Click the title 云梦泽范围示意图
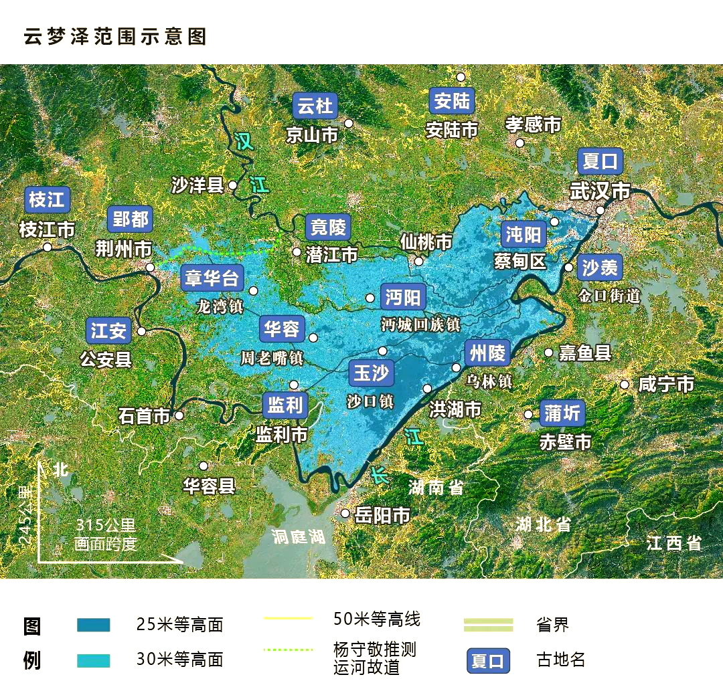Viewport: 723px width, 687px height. (114, 36)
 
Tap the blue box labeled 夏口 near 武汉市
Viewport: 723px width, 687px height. (600, 162)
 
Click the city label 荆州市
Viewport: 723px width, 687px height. (124, 250)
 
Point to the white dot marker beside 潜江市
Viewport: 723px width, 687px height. (297, 252)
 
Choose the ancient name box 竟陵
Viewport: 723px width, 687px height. (328, 227)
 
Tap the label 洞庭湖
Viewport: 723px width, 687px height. (298, 536)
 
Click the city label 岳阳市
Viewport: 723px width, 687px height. (382, 515)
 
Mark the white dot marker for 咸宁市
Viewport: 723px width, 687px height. (625, 384)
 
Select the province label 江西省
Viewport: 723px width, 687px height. (674, 543)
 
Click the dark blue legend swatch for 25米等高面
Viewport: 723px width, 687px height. (94, 625)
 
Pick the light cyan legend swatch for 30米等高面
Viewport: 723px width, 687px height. (94, 660)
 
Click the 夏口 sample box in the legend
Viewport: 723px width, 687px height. (488, 661)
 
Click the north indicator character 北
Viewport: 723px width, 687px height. (61, 469)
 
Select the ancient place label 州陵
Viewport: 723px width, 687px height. (487, 353)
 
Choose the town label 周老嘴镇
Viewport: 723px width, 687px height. (272, 358)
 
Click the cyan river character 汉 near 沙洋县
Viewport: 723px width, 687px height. (244, 141)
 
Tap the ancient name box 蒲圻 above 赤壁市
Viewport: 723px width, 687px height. (562, 413)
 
